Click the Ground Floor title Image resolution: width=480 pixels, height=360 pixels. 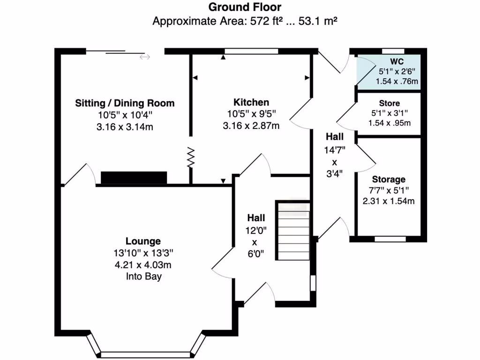(245, 7)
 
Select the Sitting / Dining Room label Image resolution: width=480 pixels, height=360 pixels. (125, 103)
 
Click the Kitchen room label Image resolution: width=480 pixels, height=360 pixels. (251, 102)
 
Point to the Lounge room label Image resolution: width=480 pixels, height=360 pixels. (143, 241)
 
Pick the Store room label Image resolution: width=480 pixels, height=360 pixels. (389, 103)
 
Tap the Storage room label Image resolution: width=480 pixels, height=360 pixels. (389, 180)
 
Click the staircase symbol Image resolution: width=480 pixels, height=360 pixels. (293, 231)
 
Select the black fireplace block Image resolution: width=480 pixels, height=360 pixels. (134, 178)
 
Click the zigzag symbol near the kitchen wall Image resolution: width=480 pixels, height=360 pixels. (191, 157)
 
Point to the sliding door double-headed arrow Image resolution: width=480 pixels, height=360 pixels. (145, 57)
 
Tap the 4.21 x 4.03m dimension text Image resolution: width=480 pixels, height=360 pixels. (143, 265)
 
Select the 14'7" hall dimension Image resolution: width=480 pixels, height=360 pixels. (335, 150)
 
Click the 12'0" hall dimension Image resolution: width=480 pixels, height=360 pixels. (256, 230)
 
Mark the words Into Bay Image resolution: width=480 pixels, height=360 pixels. (143, 277)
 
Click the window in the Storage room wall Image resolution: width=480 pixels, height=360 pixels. (390, 239)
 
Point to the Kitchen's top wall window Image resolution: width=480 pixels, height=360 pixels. (251, 51)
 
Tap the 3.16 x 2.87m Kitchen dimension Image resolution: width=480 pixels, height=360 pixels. (251, 126)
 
